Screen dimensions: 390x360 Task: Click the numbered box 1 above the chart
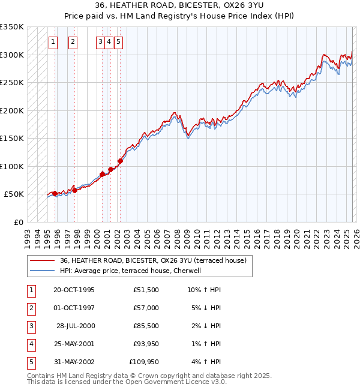(x=53, y=42)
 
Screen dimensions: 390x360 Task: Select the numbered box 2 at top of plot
(x=73, y=42)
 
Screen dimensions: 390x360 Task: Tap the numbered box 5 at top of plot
(x=118, y=42)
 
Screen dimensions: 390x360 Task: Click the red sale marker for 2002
(x=121, y=161)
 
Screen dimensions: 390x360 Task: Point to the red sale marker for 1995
(x=55, y=193)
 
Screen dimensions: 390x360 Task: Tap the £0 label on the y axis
(x=18, y=223)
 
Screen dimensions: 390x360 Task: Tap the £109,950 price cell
(x=144, y=362)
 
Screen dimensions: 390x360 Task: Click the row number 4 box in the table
(x=29, y=344)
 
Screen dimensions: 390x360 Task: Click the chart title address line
(x=180, y=5)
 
